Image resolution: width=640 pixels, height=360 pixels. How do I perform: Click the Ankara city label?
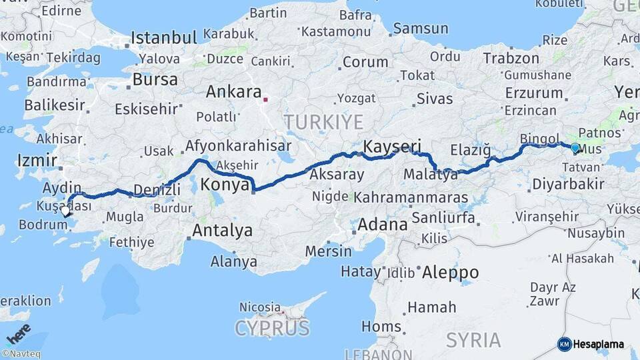[233, 92]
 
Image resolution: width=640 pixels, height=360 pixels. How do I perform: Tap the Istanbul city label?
[164, 37]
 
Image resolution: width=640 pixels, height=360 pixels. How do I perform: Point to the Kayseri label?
[393, 146]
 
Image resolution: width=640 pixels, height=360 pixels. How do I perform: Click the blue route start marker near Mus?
[575, 148]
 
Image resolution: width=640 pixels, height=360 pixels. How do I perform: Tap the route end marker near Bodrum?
[65, 213]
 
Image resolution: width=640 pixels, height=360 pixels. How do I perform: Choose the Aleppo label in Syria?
[450, 272]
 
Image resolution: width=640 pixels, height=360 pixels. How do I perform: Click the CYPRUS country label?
[272, 328]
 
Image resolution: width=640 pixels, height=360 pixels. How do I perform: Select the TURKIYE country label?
[323, 122]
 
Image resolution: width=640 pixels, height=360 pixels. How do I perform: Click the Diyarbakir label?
[569, 184]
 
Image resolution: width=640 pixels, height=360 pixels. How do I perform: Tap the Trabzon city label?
[511, 59]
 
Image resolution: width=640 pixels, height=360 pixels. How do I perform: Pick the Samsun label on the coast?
[420, 28]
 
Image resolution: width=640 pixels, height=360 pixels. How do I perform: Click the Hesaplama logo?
[591, 344]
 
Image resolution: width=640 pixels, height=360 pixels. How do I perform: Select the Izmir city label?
[33, 160]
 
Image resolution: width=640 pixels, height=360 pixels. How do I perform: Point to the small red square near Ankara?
[265, 101]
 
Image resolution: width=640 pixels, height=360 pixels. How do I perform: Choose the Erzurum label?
[534, 93]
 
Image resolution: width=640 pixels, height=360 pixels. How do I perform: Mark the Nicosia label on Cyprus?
[259, 307]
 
